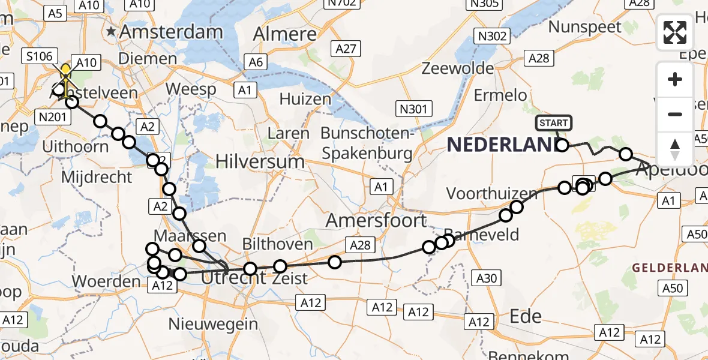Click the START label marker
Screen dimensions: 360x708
point(553,123)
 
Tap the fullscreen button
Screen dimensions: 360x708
point(675,32)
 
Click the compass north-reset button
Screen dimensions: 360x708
point(675,149)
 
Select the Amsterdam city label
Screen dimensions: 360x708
point(172,32)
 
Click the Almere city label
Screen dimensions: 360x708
point(284,34)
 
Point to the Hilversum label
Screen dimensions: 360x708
point(260,161)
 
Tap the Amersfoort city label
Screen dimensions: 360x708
point(376,221)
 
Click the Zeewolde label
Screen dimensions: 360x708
point(458,68)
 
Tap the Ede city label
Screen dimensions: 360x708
point(525,316)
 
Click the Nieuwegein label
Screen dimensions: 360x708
point(213,324)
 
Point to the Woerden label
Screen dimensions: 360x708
point(106,281)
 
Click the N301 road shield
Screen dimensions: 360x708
point(414,109)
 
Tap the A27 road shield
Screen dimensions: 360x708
point(346,49)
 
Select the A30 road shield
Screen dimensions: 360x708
point(486,277)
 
